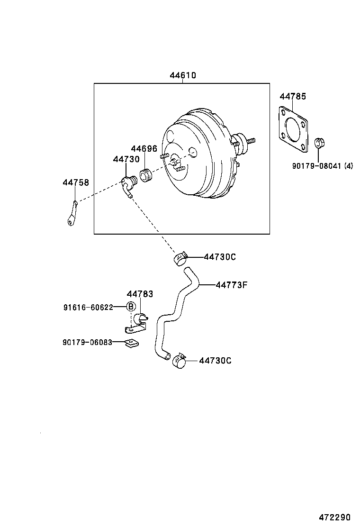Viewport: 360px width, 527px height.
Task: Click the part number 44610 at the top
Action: (183, 76)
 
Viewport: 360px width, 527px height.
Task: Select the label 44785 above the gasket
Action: (292, 97)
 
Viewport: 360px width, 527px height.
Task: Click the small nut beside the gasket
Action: (319, 142)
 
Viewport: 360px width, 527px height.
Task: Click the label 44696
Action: (144, 149)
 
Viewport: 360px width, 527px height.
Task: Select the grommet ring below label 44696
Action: (146, 175)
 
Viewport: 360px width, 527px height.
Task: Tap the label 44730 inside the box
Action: (126, 160)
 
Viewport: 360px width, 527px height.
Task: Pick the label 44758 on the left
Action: (76, 182)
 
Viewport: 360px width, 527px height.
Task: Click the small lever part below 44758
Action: (72, 214)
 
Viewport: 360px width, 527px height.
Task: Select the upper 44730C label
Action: (220, 257)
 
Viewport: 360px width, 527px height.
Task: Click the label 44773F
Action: (232, 285)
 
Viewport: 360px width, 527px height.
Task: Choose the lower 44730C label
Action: (215, 361)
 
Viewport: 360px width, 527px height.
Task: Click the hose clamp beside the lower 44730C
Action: (179, 361)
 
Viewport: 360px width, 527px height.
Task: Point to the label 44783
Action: (140, 294)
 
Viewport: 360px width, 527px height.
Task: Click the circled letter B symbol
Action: (131, 307)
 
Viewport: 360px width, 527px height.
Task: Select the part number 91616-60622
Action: (88, 307)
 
